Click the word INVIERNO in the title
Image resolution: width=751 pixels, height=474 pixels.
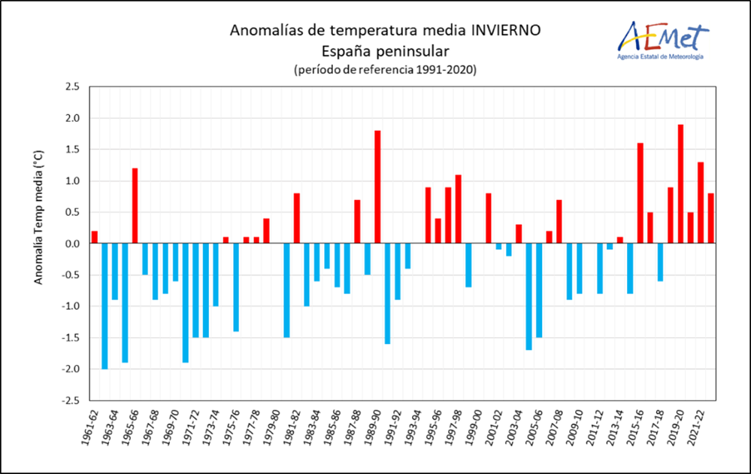coord(505,31)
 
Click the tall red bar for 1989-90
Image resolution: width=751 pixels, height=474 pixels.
coord(377,187)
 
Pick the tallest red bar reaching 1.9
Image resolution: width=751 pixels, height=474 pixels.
coord(680,184)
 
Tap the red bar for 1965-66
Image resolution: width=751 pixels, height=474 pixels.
coord(135,206)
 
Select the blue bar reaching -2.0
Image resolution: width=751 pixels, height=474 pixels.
coord(104,306)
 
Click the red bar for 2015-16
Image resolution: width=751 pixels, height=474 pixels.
coord(640,193)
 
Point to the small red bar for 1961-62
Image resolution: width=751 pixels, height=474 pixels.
coord(95,238)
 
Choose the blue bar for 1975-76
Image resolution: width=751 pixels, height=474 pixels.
coord(236,287)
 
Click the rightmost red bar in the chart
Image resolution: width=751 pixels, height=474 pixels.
coord(710,219)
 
